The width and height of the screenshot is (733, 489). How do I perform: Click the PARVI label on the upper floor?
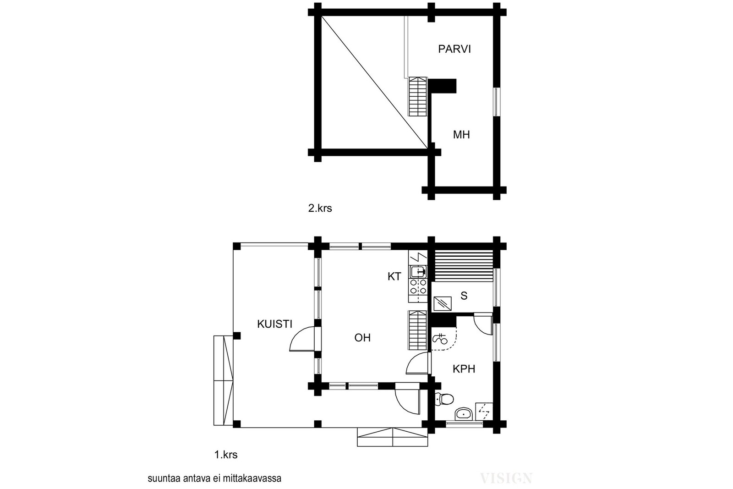point(454,49)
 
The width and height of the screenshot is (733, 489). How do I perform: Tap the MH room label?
point(461,135)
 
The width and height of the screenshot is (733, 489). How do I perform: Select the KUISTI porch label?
point(274,324)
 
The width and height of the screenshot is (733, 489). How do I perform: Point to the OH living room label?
point(362,338)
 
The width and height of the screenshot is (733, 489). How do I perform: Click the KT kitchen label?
point(394,276)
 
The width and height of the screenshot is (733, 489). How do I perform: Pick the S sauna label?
point(464,296)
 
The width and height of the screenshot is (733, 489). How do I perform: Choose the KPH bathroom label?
point(464,369)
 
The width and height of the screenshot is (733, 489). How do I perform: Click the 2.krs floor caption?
point(320,208)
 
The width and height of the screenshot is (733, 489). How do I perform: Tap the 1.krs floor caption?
point(226,455)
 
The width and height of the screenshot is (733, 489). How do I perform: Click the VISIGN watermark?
point(506,478)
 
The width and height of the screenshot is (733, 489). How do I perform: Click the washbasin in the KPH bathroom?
point(464,413)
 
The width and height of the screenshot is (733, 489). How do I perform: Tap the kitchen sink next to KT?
point(418,271)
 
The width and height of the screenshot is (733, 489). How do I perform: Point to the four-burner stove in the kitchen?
point(418,286)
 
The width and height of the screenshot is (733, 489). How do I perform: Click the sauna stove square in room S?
point(443,304)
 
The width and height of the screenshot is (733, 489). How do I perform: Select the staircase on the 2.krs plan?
point(418,96)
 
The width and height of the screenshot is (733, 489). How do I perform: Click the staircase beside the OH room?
point(418,330)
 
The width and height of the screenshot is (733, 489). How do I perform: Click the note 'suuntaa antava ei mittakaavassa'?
point(214,478)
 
